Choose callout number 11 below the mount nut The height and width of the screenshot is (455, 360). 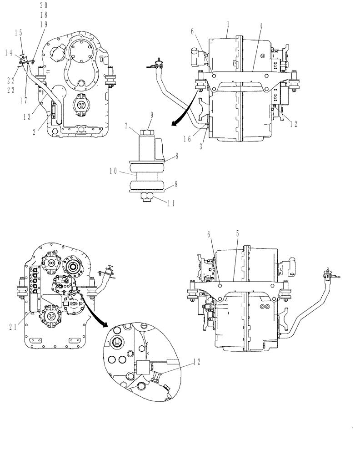point(159,204)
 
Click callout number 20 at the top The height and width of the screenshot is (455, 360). point(44,5)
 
